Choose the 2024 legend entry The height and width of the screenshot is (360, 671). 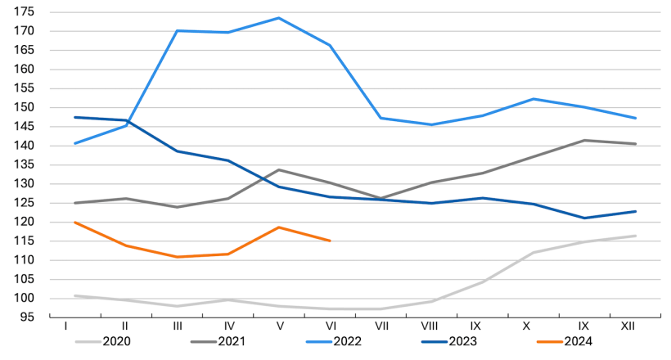[x=564, y=341]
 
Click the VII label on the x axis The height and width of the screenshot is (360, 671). [x=381, y=326]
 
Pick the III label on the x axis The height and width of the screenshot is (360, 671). [x=178, y=326]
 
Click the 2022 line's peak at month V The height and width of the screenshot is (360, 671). [x=279, y=18]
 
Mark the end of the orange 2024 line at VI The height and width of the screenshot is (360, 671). [x=330, y=241]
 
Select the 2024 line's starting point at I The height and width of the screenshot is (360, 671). [x=75, y=223]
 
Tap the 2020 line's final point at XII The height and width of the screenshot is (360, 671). [x=636, y=236]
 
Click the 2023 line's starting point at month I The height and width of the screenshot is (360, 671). [x=75, y=117]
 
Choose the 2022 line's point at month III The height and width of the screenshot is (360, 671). [x=178, y=31]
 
